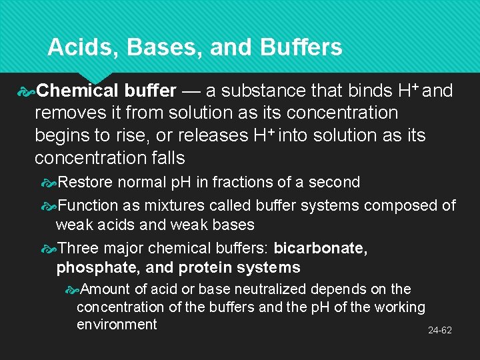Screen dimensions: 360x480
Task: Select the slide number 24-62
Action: coord(439,330)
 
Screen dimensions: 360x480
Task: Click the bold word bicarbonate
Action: coord(320,249)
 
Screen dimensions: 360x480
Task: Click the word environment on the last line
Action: coord(117,325)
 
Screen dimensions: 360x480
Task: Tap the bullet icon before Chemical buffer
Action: coord(27,91)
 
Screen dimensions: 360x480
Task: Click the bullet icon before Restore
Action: coord(49,182)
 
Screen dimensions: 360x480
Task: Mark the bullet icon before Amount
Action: coord(71,290)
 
